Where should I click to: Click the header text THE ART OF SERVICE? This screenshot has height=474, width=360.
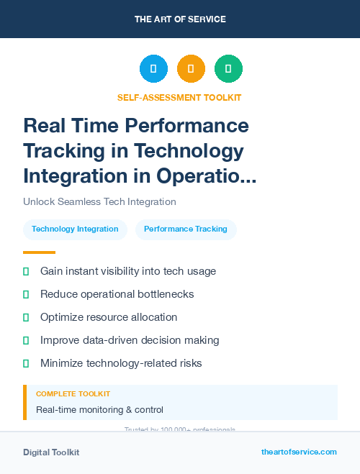[x=180, y=19]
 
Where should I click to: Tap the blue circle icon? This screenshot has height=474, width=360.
[x=153, y=69]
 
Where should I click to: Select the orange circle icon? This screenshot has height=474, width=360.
[x=191, y=69]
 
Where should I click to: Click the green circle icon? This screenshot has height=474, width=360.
[x=228, y=69]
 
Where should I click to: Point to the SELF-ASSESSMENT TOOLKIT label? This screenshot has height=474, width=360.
[x=179, y=97]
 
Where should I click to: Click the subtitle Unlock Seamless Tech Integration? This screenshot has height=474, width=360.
[x=99, y=202]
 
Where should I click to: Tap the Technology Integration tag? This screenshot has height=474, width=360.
[x=75, y=229]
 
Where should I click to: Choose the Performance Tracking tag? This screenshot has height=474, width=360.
[x=186, y=229]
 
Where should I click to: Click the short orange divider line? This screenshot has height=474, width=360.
[x=39, y=252]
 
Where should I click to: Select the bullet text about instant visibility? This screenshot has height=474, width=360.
[x=128, y=271]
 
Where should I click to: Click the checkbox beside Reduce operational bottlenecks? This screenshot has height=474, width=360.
[x=26, y=294]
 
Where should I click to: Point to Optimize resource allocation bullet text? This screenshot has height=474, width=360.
[x=109, y=317]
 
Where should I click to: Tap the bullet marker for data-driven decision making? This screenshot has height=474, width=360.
[x=26, y=340]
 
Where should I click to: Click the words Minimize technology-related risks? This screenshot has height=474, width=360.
[x=121, y=363]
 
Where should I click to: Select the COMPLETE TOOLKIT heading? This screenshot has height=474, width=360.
[x=73, y=394]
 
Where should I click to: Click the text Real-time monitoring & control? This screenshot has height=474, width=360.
[x=99, y=410]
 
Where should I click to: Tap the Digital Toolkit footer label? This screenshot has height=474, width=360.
[x=51, y=452]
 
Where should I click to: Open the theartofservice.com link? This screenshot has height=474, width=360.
[x=299, y=452]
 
